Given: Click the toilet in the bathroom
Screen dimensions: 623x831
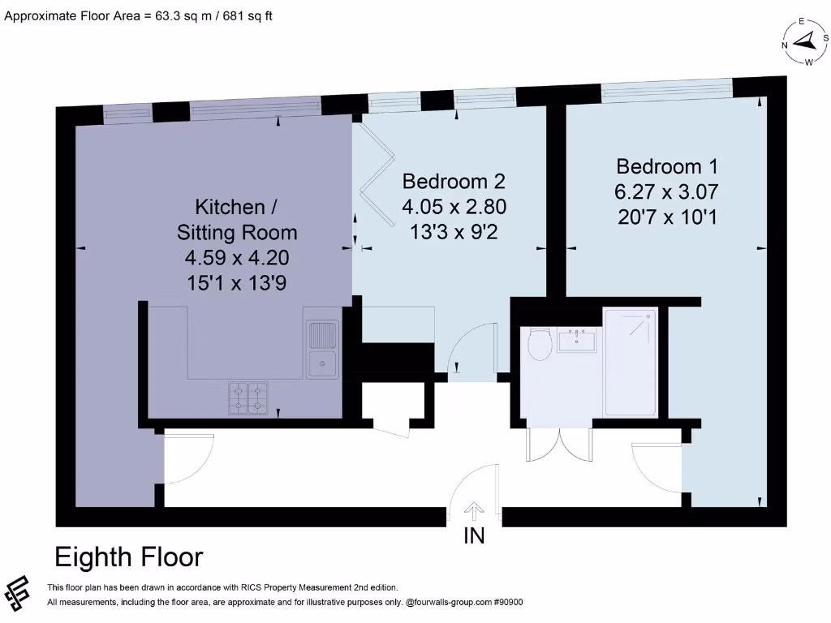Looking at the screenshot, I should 538,345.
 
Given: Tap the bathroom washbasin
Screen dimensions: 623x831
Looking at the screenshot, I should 577,340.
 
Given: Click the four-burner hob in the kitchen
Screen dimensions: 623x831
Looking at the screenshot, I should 248,397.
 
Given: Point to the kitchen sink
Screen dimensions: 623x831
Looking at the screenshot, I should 322,349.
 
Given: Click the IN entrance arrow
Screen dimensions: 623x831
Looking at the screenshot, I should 474,511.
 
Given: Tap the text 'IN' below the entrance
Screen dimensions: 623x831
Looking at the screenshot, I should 474,535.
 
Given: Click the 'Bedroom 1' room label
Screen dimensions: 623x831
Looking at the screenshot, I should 667,166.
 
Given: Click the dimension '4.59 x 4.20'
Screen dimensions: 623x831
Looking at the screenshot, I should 236,258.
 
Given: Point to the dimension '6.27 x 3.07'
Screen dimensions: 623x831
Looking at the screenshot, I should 667,192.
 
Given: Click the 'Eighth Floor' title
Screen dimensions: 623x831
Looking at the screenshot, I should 128,557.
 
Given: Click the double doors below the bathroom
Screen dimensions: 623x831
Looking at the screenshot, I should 558,444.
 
